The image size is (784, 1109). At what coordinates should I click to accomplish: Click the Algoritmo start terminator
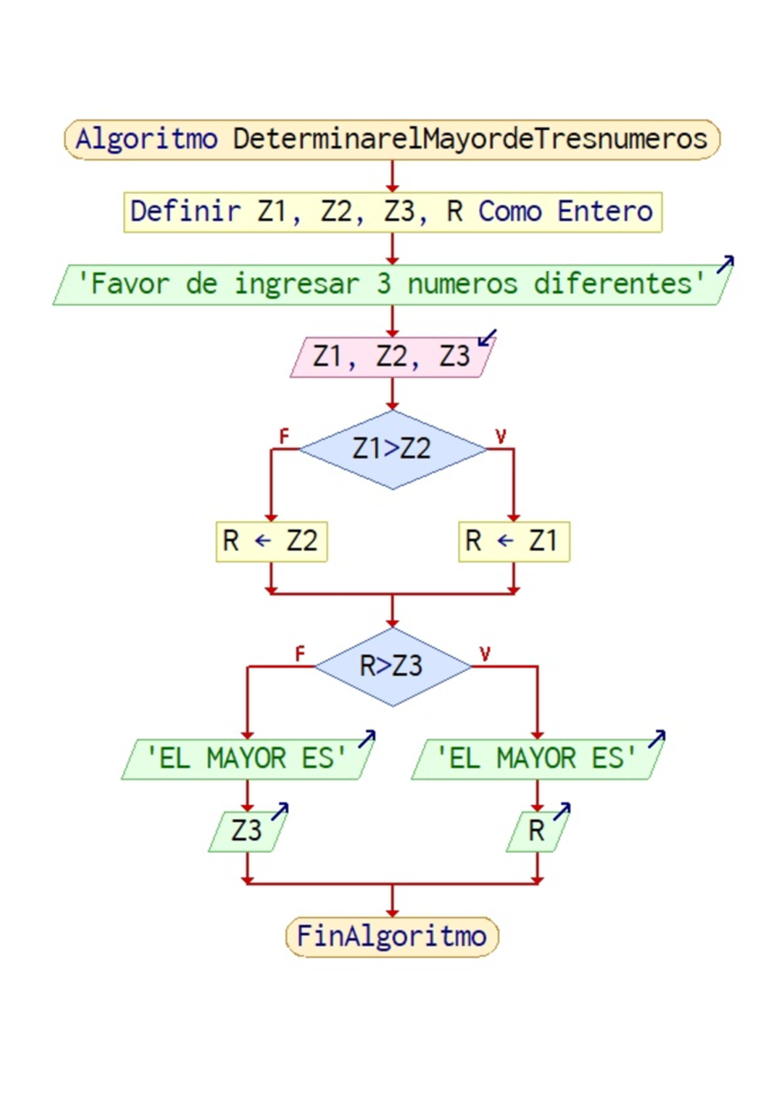tap(392, 139)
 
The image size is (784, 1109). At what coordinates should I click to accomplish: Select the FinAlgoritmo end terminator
tap(392, 936)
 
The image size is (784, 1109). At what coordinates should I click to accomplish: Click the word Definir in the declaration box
tap(185, 211)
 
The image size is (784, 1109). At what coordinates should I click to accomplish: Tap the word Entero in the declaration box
tap(604, 211)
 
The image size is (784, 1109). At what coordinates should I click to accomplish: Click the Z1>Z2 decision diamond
tap(392, 449)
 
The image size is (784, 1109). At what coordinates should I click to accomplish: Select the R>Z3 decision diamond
tap(392, 666)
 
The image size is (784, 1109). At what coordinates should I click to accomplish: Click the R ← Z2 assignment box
tap(271, 541)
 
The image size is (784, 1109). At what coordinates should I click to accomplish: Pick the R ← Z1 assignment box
tap(514, 541)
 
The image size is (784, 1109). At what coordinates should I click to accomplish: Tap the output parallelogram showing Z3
tap(246, 831)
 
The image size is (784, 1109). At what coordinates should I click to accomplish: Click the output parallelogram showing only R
tap(536, 831)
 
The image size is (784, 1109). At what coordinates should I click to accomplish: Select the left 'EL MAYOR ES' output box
tap(247, 759)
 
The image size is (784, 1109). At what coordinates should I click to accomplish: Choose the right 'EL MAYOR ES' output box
tap(536, 759)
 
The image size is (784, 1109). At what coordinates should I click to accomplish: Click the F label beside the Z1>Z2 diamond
tap(284, 436)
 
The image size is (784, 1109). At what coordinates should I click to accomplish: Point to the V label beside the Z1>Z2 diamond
tap(500, 436)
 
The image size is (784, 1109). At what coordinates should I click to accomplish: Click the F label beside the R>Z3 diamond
tap(300, 654)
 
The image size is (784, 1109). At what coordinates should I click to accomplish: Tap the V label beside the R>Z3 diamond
tap(485, 654)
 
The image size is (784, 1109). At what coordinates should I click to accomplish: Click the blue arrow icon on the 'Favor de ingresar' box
tap(725, 264)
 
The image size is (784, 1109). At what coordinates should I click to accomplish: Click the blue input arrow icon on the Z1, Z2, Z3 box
tap(487, 338)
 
